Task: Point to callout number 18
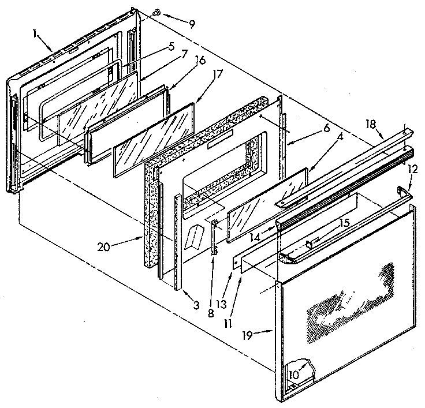click(x=371, y=123)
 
